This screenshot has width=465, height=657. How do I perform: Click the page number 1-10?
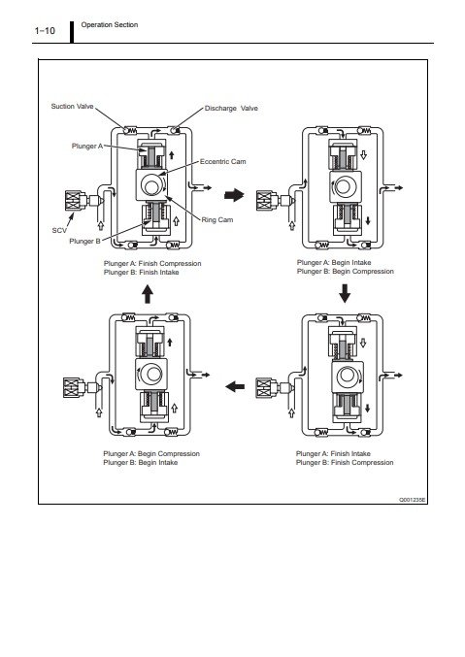pyautogui.click(x=45, y=31)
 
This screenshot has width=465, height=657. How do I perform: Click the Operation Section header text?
pyautogui.click(x=110, y=24)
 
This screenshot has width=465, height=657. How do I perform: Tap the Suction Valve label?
pyautogui.click(x=72, y=107)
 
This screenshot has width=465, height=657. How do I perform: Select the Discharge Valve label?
pyautogui.click(x=231, y=108)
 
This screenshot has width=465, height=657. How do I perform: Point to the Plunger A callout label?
pyautogui.click(x=87, y=146)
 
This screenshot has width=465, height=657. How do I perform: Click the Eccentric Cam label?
pyautogui.click(x=222, y=161)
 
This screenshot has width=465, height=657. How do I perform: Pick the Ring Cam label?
pyautogui.click(x=217, y=219)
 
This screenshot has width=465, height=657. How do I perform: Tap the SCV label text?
pyautogui.click(x=59, y=230)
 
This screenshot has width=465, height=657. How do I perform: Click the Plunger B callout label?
pyautogui.click(x=84, y=241)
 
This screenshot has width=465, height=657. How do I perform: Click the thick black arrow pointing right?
pyautogui.click(x=234, y=195)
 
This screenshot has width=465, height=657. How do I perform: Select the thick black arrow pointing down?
pyautogui.click(x=345, y=293)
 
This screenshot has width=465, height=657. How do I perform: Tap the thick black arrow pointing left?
pyautogui.click(x=235, y=386)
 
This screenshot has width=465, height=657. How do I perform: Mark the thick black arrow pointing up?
pyautogui.click(x=148, y=294)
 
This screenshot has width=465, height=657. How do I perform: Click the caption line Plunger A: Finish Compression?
pyautogui.click(x=152, y=264)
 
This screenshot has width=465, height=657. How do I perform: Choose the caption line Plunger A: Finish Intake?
pyautogui.click(x=333, y=453)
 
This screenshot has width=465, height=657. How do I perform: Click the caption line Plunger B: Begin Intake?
pyautogui.click(x=140, y=463)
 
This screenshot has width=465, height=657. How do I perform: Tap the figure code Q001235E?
pyautogui.click(x=413, y=500)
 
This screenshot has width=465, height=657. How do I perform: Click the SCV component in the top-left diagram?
pyautogui.click(x=83, y=200)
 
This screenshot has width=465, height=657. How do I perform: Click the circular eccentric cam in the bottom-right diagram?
pyautogui.click(x=348, y=375)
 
